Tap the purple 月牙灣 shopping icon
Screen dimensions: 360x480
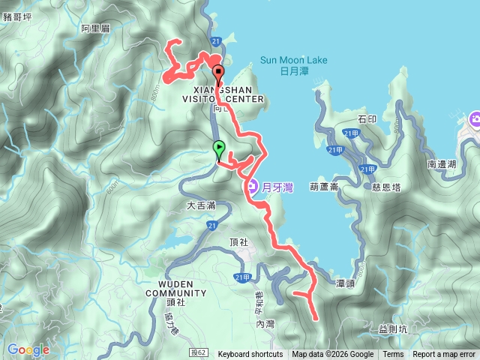pyautogui.click(x=251, y=186)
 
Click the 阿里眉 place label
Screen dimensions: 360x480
pyautogui.click(x=95, y=28)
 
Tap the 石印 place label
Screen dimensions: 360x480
pyautogui.click(x=367, y=118)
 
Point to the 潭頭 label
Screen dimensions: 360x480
pyautogui.click(x=345, y=283)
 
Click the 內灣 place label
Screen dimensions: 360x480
pyautogui.click(x=266, y=324)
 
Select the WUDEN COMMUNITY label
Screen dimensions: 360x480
pyautogui.click(x=170, y=288)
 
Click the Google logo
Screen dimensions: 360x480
pyautogui.click(x=28, y=349)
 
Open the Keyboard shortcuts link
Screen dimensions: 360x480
pyautogui.click(x=250, y=355)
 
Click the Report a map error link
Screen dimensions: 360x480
pyautogui.click(x=445, y=355)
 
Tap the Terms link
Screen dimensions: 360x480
pyautogui.click(x=393, y=355)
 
